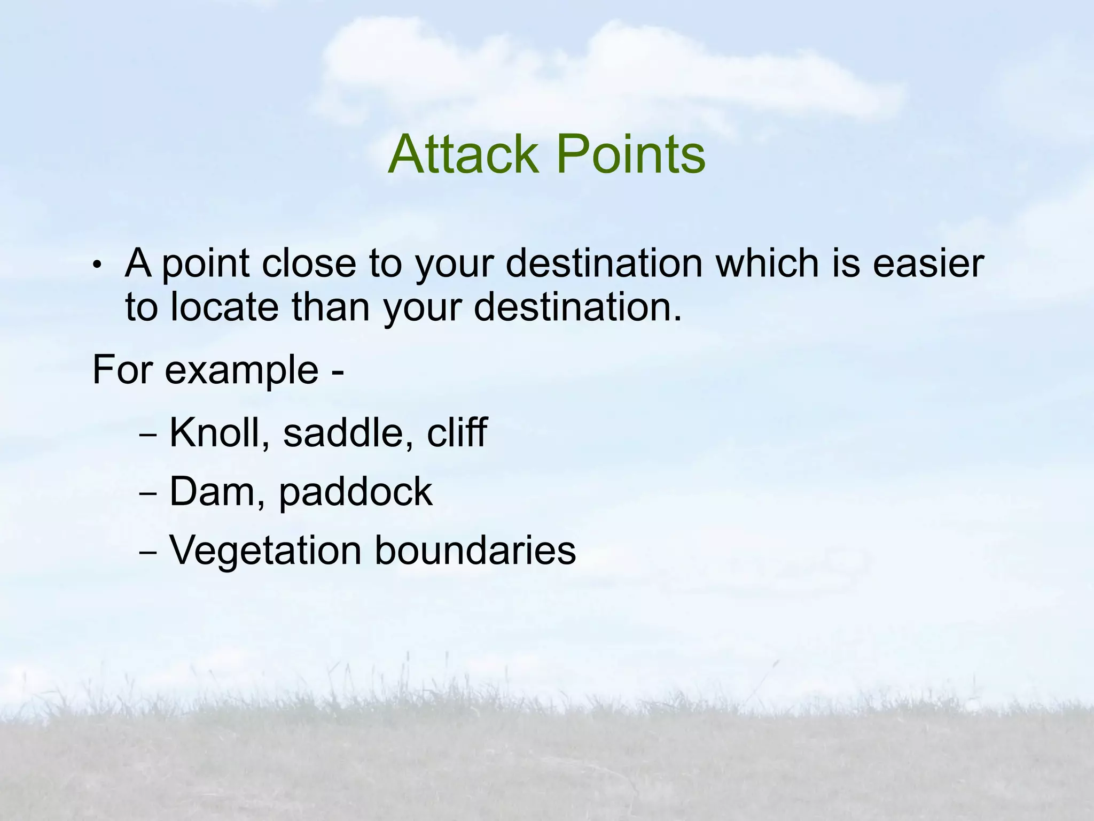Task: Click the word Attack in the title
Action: pyautogui.click(x=463, y=154)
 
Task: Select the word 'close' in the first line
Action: pyautogui.click(x=308, y=264)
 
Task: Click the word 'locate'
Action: pyautogui.click(x=224, y=308)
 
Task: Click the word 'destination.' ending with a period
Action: pyautogui.click(x=578, y=308)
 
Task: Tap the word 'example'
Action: pyautogui.click(x=242, y=371)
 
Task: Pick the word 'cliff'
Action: pyautogui.click(x=457, y=432)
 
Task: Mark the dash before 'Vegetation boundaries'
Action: pyautogui.click(x=147, y=554)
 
